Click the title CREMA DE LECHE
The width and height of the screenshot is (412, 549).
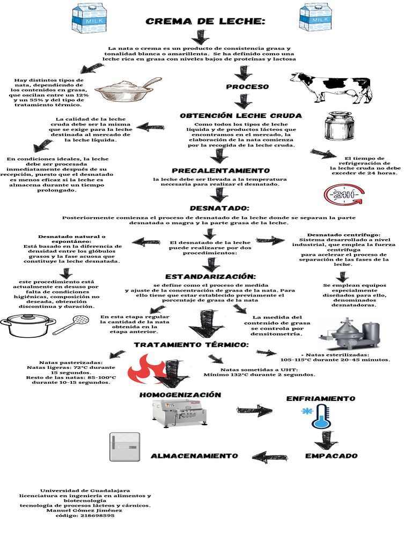pyautogui.click(x=205, y=22)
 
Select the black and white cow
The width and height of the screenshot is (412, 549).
pyautogui.click(x=331, y=87)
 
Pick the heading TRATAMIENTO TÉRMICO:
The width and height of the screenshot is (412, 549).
pyautogui.click(x=191, y=344)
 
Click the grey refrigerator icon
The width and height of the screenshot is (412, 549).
pyautogui.click(x=124, y=447)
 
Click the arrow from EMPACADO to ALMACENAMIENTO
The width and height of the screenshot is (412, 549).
pyautogui.click(x=267, y=457)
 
